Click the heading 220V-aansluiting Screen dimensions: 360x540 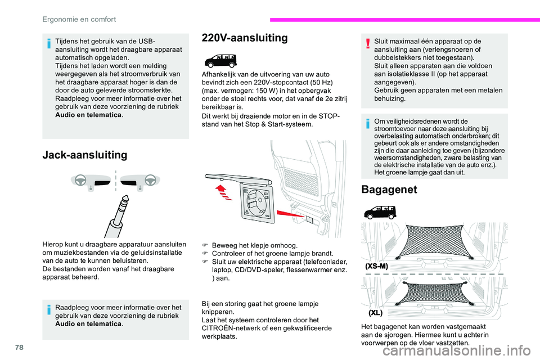(244, 38)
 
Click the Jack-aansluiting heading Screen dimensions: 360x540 (85, 155)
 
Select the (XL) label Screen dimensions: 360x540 (376, 312)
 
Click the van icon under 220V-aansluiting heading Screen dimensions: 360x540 (220, 60)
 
